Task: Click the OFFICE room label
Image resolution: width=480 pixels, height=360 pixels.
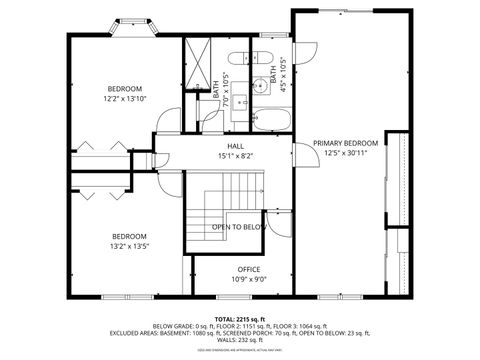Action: click(248, 269)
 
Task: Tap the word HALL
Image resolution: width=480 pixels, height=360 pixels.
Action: click(236, 145)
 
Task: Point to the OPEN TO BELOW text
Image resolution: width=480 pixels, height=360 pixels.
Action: click(239, 227)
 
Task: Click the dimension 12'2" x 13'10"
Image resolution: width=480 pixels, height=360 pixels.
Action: click(125, 98)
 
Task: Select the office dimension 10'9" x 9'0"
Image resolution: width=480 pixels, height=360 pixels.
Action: click(248, 280)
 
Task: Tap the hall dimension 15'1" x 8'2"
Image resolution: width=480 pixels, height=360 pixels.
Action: click(236, 155)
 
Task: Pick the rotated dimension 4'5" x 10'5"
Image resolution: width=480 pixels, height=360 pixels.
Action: click(282, 75)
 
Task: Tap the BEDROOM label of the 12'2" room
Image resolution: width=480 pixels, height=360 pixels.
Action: click(125, 88)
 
